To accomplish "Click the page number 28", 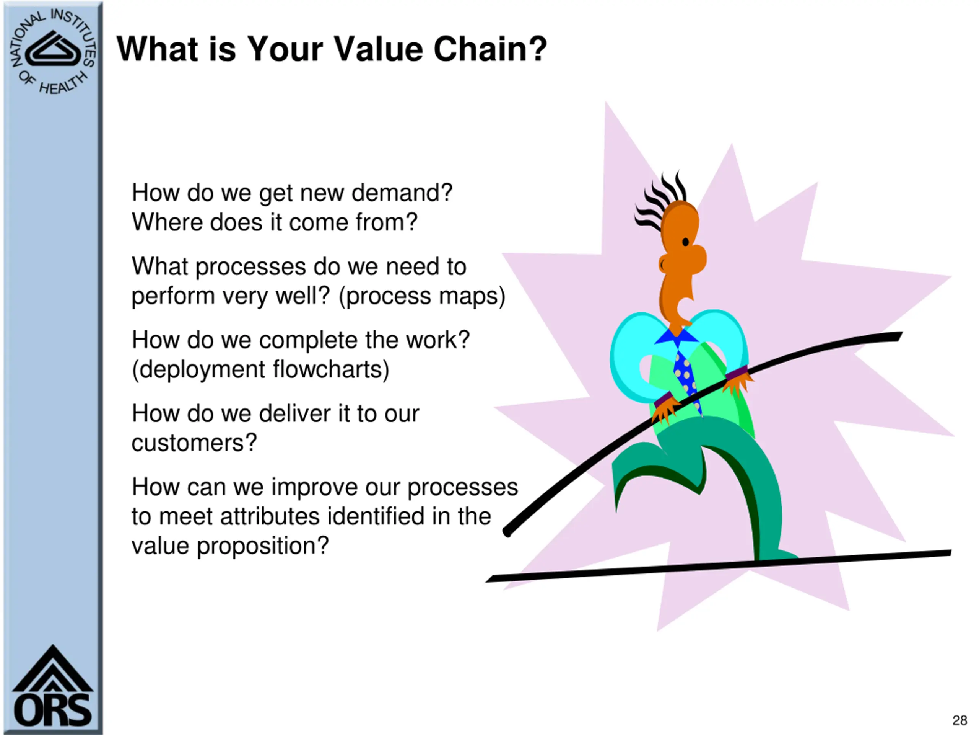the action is [959, 720].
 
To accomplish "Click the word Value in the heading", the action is [378, 49].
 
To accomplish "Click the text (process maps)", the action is [422, 296].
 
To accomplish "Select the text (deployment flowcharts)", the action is [260, 369].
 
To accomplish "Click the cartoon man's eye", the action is [686, 242].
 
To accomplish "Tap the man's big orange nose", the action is [695, 259].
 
